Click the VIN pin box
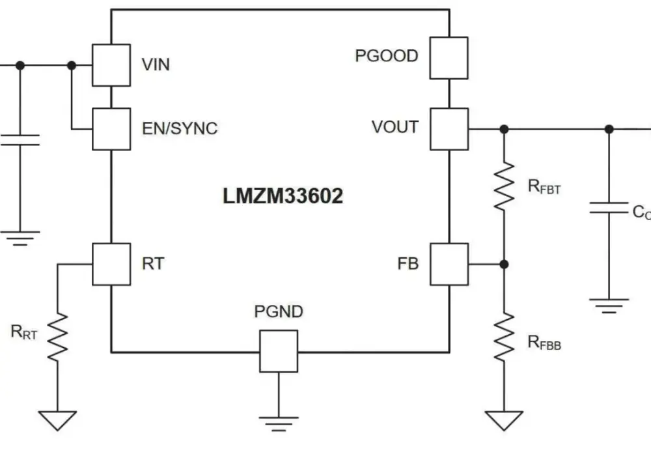coord(111,65)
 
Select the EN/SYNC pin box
coord(111,129)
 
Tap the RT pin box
coord(111,264)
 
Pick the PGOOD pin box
coord(449,58)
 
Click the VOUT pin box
coord(449,129)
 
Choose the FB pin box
coord(449,264)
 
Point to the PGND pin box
coord(279,351)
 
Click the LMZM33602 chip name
coord(283,196)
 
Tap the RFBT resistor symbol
coord(504,186)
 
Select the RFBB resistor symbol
coord(504,337)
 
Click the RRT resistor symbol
coord(57,337)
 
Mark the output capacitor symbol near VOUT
coord(609,208)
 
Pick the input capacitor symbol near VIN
coord(20,140)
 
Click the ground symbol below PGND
coord(279,423)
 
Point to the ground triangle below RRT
coord(57,420)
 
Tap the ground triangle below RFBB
coord(504,420)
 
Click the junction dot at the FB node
coord(504,264)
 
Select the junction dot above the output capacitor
coord(609,129)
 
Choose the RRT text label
coord(24,332)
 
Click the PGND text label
coord(279,311)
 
